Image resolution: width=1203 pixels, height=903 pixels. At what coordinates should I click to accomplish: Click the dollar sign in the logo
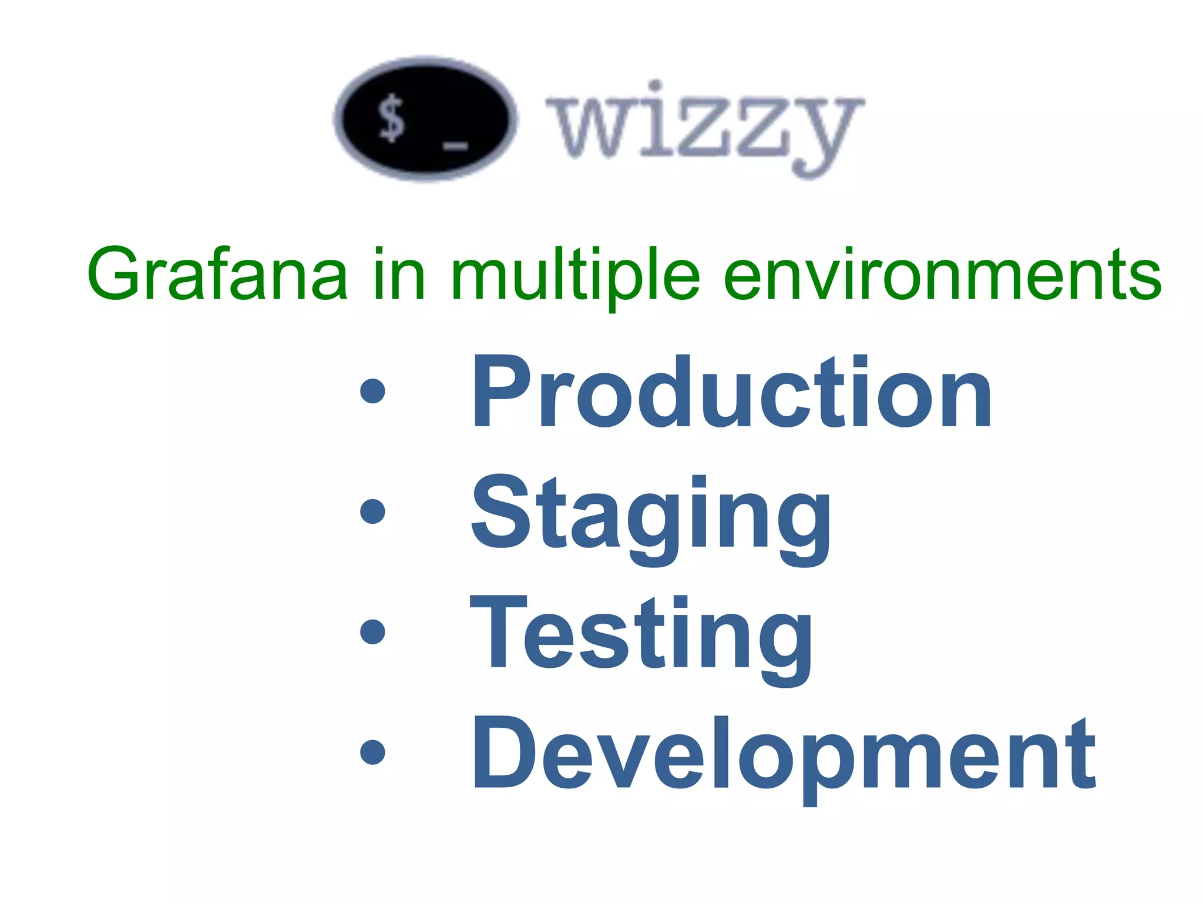391,119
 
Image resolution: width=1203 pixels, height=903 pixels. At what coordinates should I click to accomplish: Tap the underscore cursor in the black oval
455,145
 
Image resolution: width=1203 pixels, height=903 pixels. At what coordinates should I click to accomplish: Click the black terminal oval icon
426,119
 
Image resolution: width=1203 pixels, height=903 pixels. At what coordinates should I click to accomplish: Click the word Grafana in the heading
217,274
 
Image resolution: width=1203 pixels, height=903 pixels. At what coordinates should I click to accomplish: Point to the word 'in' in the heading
399,274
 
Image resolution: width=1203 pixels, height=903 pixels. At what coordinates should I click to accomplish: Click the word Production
731,393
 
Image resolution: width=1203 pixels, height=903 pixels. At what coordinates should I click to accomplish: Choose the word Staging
651,517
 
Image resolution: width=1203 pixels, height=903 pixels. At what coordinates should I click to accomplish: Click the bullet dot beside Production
372,392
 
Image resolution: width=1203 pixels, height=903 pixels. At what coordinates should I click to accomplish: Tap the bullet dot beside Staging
372,511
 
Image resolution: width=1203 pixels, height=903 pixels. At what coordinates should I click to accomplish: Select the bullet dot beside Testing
372,631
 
